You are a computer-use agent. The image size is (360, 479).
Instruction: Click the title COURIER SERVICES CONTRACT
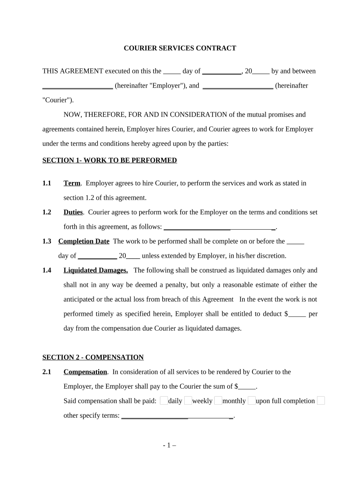pos(180,48)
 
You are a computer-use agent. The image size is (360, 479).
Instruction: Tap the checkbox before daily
pos(164,400)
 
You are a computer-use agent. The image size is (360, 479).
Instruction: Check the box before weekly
pos(188,400)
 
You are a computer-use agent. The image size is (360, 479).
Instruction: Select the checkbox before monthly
pos(218,400)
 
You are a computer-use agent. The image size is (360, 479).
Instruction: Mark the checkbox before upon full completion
pos(252,400)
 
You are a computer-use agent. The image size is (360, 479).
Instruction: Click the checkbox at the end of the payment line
pos(321,400)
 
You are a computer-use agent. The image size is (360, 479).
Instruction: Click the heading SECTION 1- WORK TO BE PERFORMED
pos(109,160)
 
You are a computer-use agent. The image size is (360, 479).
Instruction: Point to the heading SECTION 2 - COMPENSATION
pos(93,357)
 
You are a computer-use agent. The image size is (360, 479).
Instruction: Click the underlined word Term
pos(72,183)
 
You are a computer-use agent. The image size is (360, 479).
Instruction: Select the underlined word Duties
pos(73,212)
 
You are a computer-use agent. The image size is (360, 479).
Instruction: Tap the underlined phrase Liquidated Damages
pos(95,270)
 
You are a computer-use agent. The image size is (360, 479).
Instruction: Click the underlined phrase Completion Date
pos(84,241)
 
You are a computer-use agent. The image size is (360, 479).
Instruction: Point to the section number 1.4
pos(47,270)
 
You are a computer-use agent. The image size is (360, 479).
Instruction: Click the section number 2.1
pos(47,372)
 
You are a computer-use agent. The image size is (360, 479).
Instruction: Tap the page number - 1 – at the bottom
pos(169,445)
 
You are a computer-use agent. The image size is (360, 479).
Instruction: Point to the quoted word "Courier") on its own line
pos(58,100)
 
